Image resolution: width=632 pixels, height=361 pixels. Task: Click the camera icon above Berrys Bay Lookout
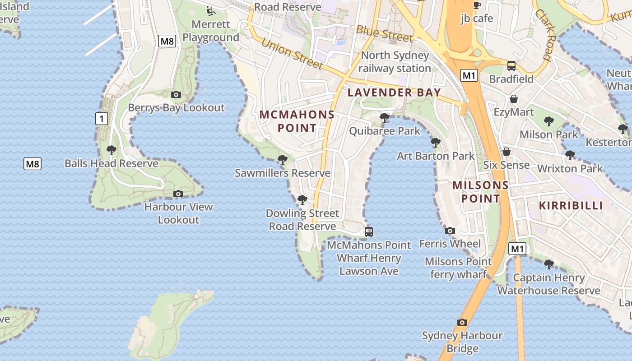coord(176,94)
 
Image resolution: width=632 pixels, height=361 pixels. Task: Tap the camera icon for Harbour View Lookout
coord(178,194)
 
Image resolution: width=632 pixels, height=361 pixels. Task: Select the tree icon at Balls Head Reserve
coord(112,150)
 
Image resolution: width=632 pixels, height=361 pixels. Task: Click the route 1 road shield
coord(102,119)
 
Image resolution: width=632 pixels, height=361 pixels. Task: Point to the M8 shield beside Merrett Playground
coord(167,42)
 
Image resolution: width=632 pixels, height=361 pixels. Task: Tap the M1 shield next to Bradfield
coord(469,75)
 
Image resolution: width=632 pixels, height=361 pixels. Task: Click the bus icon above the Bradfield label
coord(511,66)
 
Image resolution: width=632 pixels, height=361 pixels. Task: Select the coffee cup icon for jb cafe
coord(477,5)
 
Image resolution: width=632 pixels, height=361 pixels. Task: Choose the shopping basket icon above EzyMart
coord(514,99)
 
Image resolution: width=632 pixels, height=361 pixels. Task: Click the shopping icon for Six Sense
coord(507,152)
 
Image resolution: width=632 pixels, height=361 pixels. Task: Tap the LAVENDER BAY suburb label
coord(394,93)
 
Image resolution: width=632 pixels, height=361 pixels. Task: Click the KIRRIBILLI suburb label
coord(571,206)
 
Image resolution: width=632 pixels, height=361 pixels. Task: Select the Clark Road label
coord(543,34)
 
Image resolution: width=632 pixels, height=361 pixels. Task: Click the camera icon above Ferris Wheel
coord(450,231)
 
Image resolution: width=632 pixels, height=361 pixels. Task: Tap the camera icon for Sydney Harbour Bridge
coord(462,322)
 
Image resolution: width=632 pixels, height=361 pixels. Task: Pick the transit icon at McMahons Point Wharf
coord(369,232)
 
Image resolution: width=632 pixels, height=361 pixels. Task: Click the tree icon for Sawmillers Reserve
coord(283,159)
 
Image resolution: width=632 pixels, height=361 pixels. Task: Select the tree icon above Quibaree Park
coord(385,118)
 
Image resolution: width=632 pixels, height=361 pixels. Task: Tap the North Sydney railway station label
coord(395,62)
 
